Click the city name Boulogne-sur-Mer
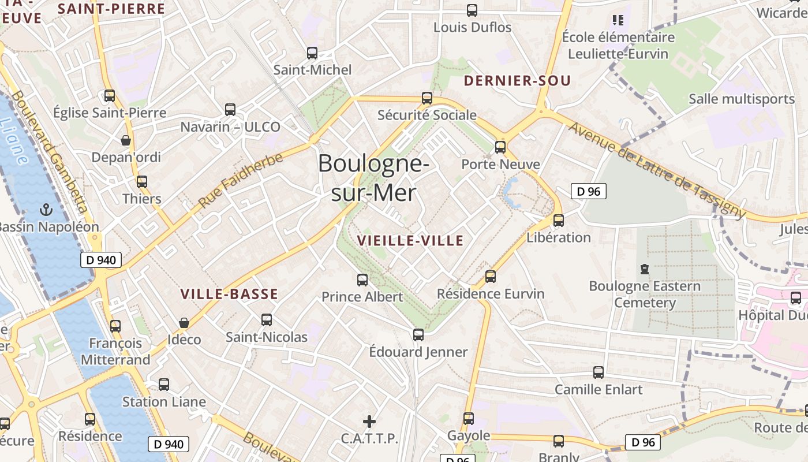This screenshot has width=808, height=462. tap(373, 178)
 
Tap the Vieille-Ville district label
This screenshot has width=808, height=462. tap(410, 241)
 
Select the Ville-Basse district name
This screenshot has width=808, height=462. tap(229, 295)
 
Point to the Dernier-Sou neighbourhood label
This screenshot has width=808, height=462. tap(517, 81)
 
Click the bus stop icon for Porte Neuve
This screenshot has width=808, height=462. tap(500, 147)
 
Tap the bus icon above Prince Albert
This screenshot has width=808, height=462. tap(362, 280)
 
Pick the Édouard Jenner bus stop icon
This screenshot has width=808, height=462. tap(418, 335)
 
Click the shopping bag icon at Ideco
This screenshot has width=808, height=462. tap(184, 323)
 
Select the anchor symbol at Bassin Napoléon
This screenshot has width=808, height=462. tap(46, 210)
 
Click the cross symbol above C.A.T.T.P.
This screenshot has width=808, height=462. tap(369, 422)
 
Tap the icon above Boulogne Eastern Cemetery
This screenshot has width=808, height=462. tap(644, 269)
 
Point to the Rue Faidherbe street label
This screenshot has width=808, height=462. tap(241, 180)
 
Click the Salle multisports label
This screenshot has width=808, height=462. tap(742, 99)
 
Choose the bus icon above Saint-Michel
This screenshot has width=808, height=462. tap(312, 53)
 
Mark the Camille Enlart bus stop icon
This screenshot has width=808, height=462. tap(598, 372)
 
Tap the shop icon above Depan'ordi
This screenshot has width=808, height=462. tap(126, 140)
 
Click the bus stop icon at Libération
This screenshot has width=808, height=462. tap(558, 221)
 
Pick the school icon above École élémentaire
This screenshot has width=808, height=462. tap(618, 21)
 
